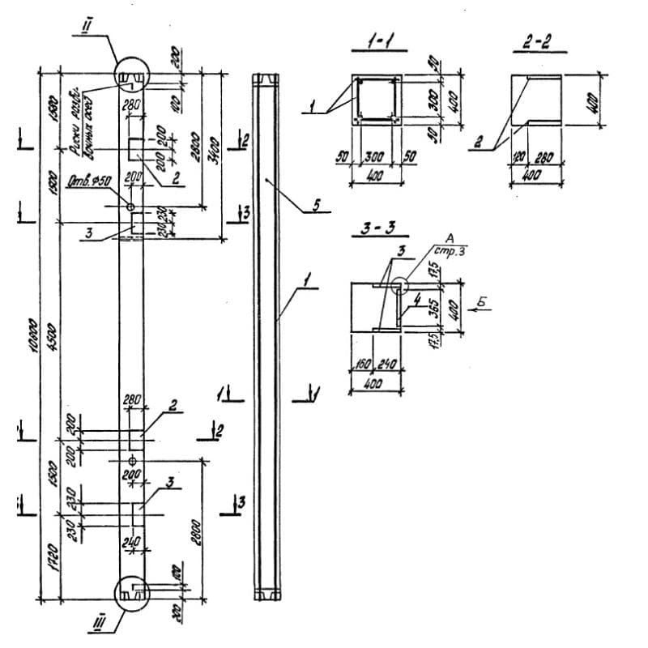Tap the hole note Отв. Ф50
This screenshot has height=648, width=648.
pyautogui.click(x=90, y=181)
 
